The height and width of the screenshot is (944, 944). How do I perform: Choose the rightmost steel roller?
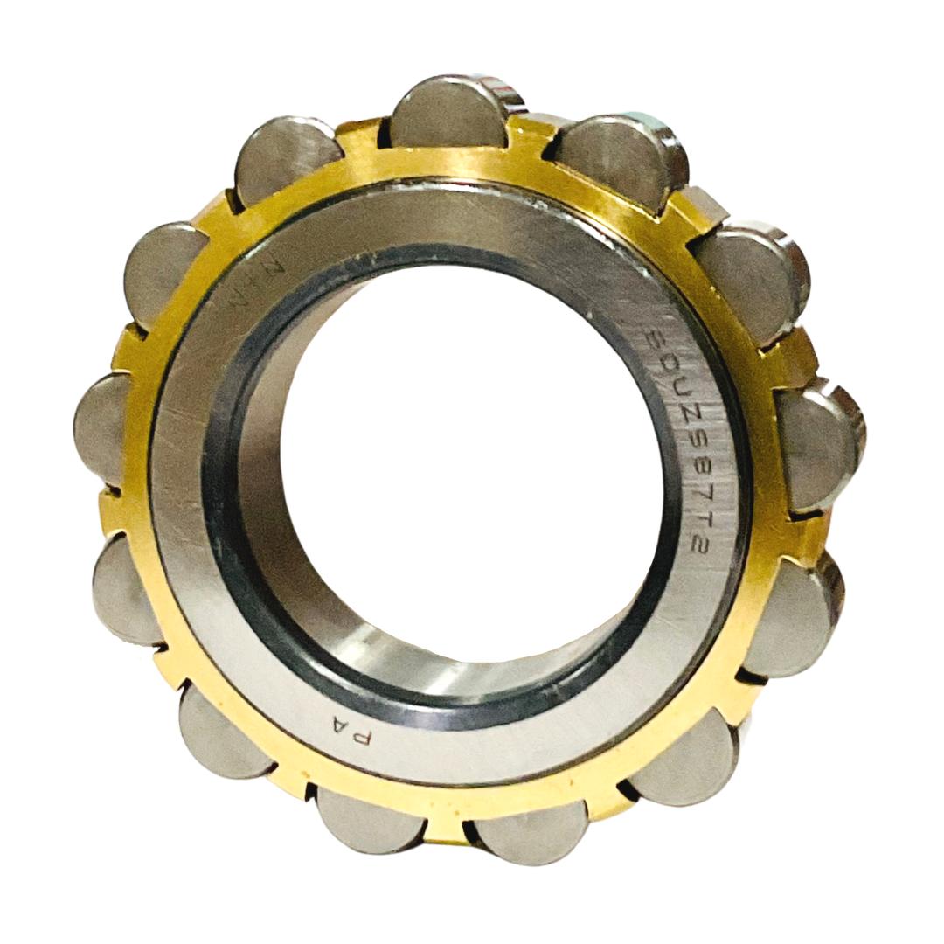[x=816, y=445]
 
